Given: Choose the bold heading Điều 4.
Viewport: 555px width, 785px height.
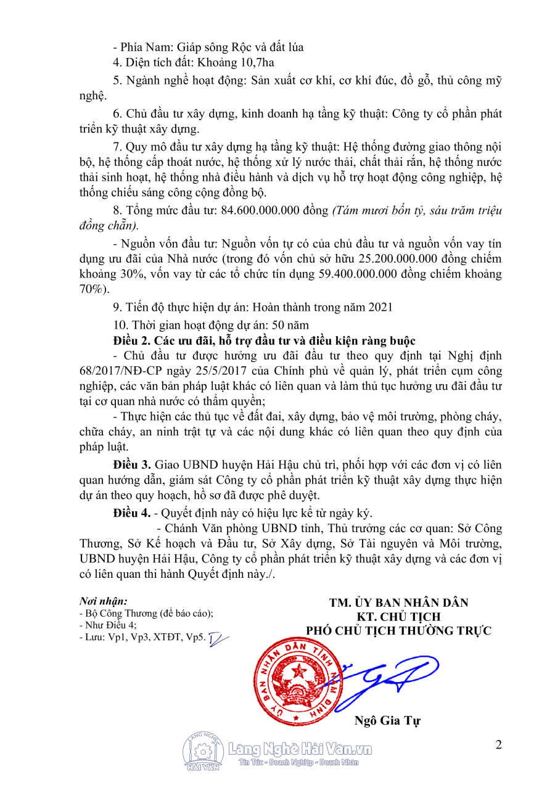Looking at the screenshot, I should click(132, 512).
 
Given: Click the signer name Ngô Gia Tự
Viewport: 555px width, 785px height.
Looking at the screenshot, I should click(387, 721).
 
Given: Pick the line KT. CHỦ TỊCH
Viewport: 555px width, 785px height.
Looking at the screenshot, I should click(398, 617).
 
